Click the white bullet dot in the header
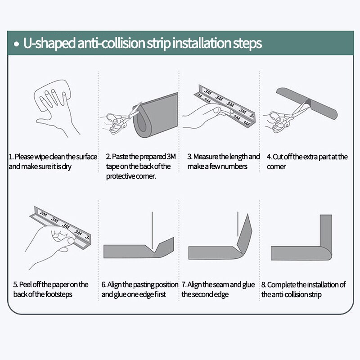16,44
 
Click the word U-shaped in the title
49,43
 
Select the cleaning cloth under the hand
52,94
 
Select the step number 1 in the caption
11,157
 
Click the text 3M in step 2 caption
171,157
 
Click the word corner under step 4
276,166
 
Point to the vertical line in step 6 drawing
152,230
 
